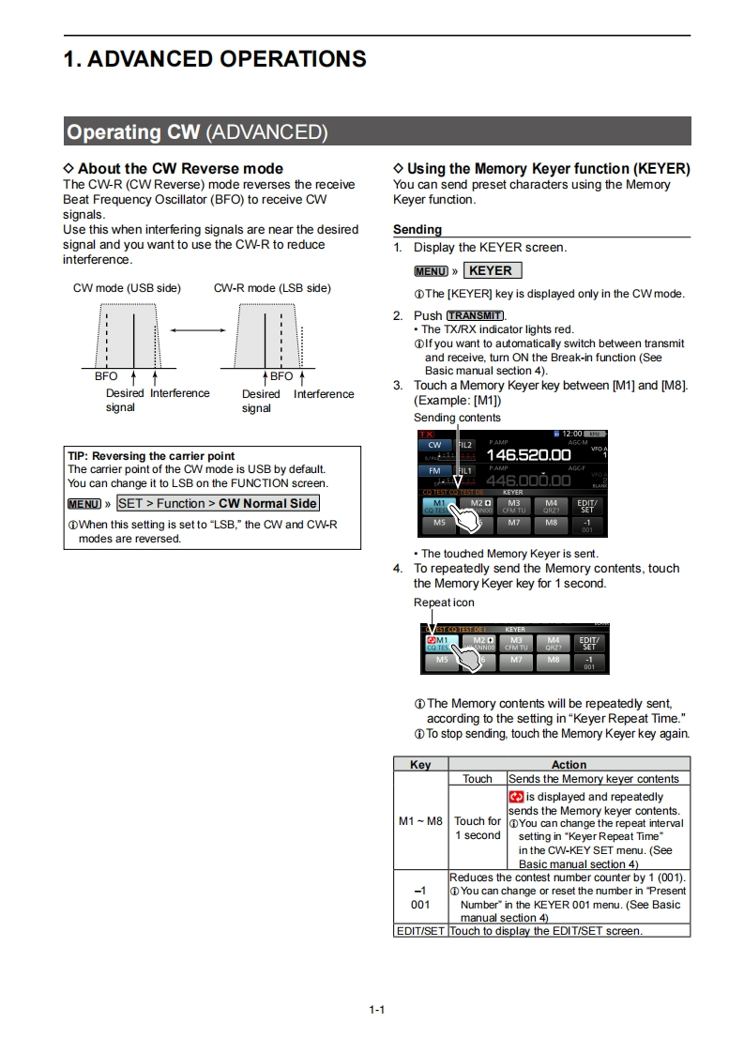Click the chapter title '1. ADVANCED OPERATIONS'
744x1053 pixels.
pos(215,59)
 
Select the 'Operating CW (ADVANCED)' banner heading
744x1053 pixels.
pos(197,132)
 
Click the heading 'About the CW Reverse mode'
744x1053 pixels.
pos(173,169)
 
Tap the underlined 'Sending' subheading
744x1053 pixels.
pos(418,229)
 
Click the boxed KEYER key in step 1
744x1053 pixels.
pos(492,270)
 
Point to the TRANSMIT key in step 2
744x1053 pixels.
pos(476,315)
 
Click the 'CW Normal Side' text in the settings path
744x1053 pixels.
pos(267,503)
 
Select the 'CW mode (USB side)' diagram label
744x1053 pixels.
pos(127,288)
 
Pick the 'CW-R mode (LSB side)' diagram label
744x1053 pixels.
pos(272,288)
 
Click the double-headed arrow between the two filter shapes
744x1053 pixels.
pos(197,329)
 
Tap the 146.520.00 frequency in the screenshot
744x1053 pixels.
pos(528,454)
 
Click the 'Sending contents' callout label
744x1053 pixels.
pos(457,418)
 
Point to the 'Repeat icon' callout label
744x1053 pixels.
pos(444,603)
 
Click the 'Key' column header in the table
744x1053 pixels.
pos(421,765)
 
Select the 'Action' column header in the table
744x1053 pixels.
pos(569,765)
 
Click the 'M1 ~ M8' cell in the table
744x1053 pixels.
pos(420,821)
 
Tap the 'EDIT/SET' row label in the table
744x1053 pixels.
pos(420,931)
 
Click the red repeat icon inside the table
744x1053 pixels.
pos(516,797)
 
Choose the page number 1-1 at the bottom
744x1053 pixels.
pos(377,1010)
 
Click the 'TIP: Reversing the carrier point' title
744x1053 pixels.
pos(151,456)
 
